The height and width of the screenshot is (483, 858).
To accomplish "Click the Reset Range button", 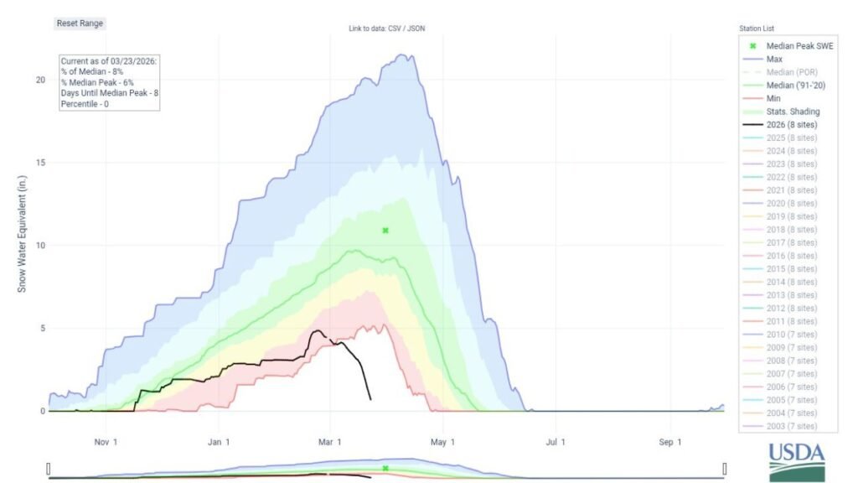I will [80, 23].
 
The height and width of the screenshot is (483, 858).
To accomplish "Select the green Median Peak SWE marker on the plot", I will [385, 230].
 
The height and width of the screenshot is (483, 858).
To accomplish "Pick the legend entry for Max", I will [774, 59].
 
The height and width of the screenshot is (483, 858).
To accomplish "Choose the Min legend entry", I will [773, 98].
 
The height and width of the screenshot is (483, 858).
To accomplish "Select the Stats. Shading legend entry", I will [792, 111].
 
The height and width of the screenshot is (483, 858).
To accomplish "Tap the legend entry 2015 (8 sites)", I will [791, 268].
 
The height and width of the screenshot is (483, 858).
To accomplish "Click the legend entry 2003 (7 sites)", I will [791, 426].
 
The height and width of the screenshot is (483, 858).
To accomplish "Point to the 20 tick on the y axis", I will [39, 80].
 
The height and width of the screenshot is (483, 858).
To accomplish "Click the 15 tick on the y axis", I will [39, 163].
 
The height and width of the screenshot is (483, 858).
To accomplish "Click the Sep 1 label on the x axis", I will [669, 441].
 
